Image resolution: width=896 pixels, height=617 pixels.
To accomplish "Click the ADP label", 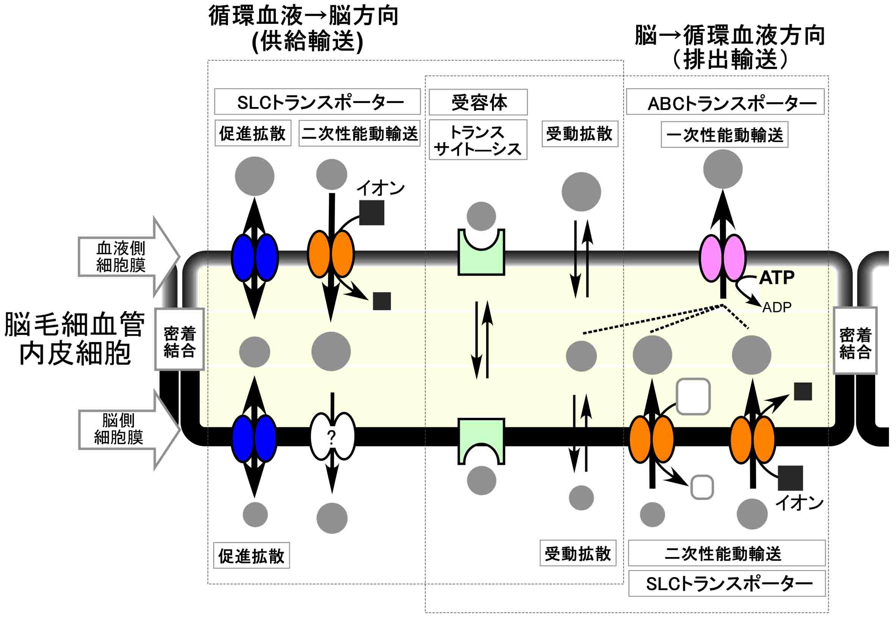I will tap(777, 307).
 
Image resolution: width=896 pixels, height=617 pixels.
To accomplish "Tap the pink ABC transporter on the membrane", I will tap(723, 258).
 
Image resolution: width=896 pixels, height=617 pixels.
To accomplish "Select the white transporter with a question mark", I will tap(332, 437).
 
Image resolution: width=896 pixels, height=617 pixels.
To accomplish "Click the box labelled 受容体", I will tap(478, 103).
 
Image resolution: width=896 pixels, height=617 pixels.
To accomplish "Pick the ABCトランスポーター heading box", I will tap(725, 102).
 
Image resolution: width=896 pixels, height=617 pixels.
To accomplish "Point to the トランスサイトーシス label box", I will tap(478, 140).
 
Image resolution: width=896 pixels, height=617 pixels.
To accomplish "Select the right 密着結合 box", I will tap(855, 341).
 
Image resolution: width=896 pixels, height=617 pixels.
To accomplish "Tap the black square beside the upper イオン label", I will tap(371, 213).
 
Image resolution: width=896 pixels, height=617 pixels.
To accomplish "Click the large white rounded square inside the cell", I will tap(693, 397).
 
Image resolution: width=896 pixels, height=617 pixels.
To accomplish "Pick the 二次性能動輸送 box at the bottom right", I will tap(726, 553).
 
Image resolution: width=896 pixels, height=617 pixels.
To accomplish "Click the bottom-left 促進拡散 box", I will tap(252, 555).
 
